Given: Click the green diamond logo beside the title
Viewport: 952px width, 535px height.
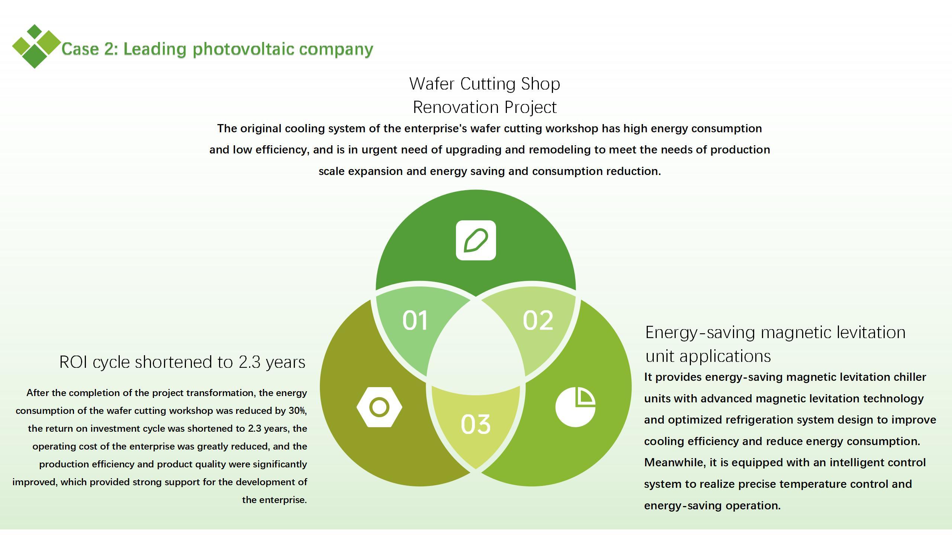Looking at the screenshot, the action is pos(36,46).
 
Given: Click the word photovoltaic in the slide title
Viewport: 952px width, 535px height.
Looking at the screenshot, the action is pos(243,49).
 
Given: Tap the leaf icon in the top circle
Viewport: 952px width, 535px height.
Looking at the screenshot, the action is pos(476,240).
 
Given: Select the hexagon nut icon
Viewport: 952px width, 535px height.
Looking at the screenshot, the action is pos(379,407).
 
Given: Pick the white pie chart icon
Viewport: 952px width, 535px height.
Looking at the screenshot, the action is pos(575,407).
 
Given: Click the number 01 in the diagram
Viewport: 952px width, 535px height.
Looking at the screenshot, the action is pos(415,320).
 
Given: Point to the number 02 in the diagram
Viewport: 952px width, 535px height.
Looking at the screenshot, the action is pos(538,320).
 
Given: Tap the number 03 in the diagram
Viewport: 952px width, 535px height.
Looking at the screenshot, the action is pos(476,424).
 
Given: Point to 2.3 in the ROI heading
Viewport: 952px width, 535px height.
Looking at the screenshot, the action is pos(250,362).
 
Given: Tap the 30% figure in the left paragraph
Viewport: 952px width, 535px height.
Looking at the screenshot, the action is pos(297,411).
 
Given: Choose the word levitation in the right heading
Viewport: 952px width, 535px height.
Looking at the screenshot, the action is pos(871,333).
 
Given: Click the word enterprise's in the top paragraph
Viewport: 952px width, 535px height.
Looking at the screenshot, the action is pos(435,129).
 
